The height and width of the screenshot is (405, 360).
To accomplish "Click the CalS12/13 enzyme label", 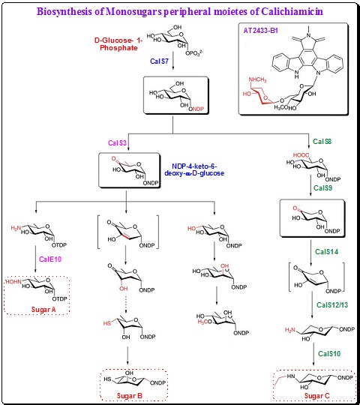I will (x=325, y=305).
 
